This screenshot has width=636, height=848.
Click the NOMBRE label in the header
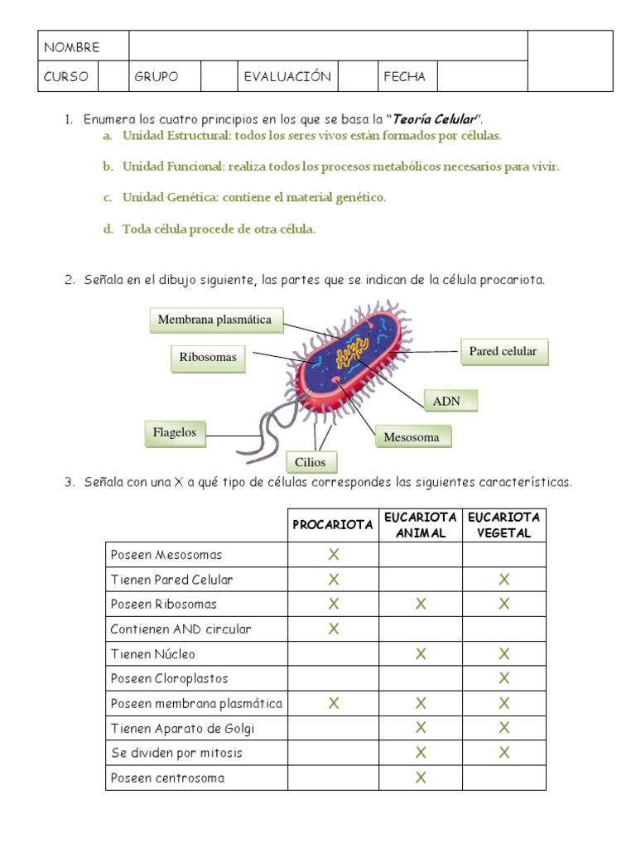tap(71, 47)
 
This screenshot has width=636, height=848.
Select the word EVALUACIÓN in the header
tap(287, 77)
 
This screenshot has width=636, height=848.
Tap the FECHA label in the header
tap(405, 77)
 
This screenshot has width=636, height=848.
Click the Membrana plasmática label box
tap(215, 320)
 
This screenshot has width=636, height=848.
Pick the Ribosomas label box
tap(208, 358)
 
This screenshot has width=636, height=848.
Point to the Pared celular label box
tap(503, 351)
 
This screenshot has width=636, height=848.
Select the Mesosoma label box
tap(412, 437)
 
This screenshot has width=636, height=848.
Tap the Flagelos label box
tap(175, 432)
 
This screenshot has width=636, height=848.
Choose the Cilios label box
tap(311, 462)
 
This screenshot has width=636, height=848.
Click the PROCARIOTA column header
tap(333, 525)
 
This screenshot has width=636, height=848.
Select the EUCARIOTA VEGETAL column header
tap(503, 525)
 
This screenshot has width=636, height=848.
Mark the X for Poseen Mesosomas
tap(334, 555)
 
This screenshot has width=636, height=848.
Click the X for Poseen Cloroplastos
tap(503, 679)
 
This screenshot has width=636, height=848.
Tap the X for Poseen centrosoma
tap(421, 778)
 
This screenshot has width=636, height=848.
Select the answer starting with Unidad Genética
tap(253, 198)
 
